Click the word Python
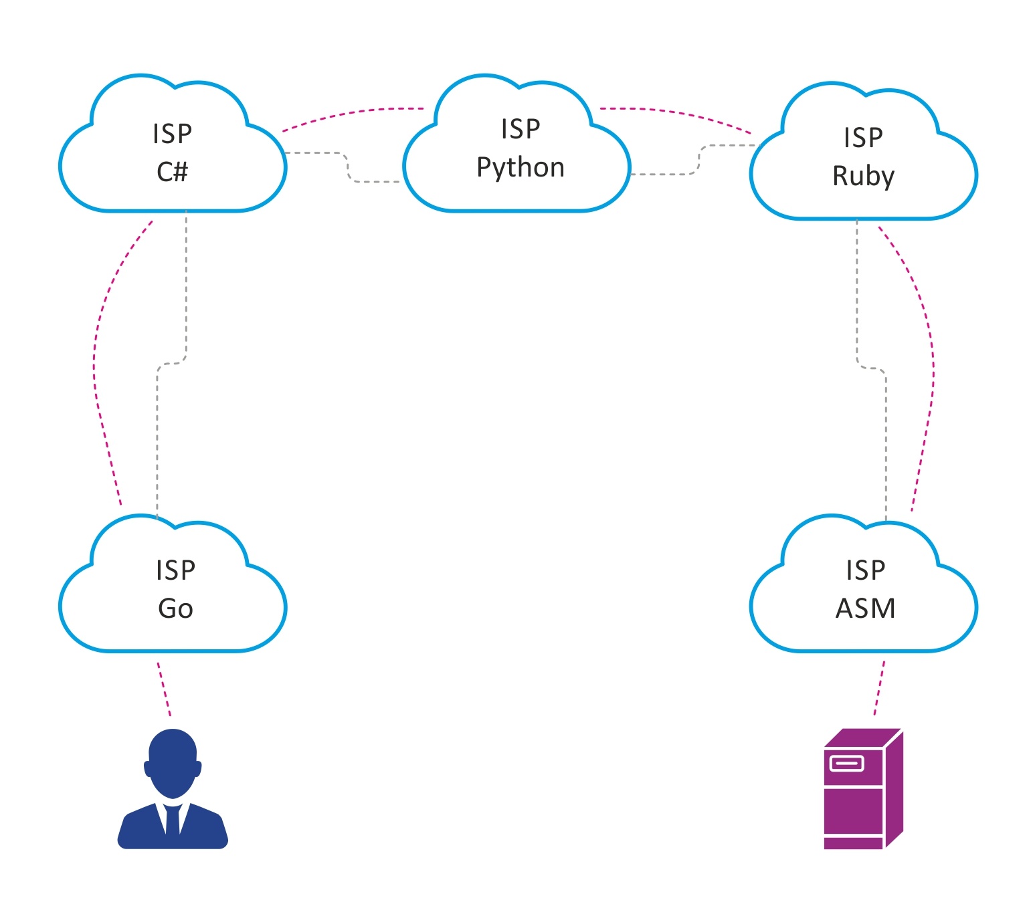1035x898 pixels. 521,167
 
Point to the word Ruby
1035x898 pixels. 863,176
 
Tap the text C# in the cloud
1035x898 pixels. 173,172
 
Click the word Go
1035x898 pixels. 175,608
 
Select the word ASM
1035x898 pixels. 865,608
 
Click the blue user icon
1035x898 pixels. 173,789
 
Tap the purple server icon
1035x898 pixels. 863,789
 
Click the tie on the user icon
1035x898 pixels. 173,819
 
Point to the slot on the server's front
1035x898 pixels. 847,763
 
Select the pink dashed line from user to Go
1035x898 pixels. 164,689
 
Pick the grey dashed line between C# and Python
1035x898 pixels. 347,167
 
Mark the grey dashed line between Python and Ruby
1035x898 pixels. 698,160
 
